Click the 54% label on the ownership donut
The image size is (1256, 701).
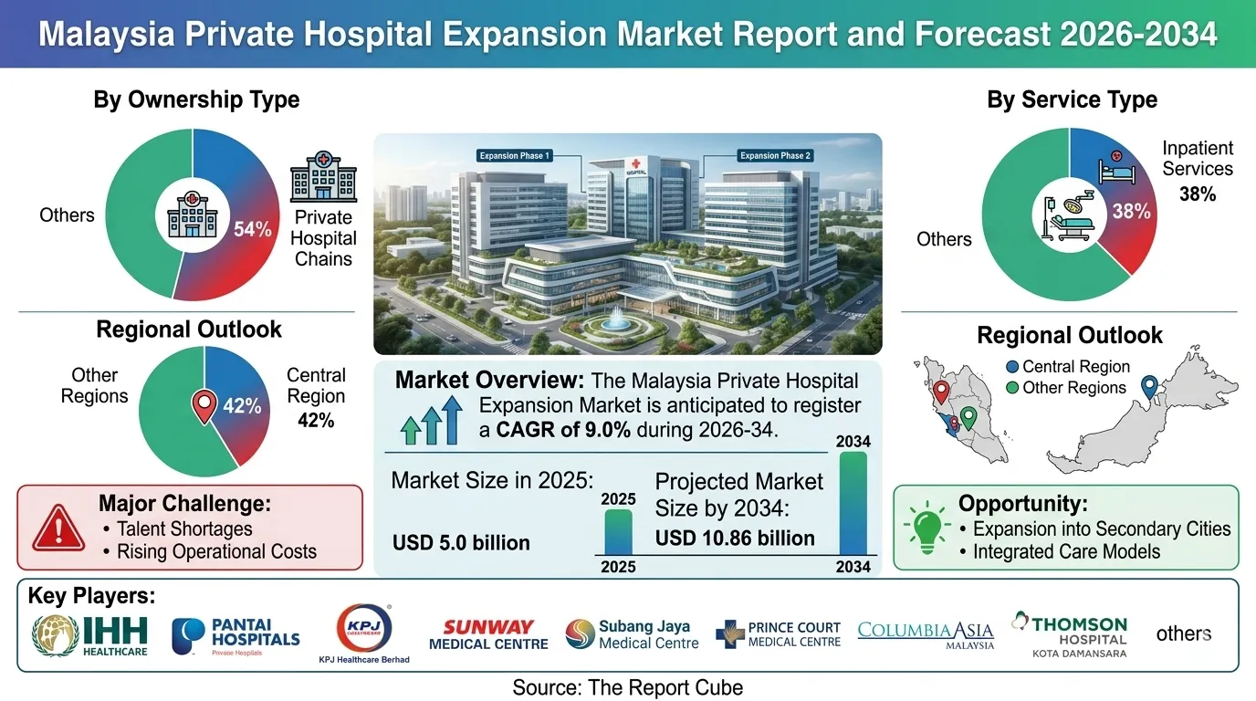tap(253, 229)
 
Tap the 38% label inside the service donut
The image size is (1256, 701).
tap(1131, 212)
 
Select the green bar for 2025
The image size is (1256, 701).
tap(618, 531)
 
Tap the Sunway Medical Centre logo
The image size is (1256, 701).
tap(488, 634)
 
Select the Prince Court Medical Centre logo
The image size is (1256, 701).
tap(779, 634)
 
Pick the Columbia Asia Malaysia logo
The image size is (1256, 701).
tap(926, 634)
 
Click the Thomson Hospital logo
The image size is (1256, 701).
tap(1069, 634)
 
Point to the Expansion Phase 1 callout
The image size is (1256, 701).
tap(515, 156)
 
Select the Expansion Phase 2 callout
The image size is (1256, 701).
tap(775, 156)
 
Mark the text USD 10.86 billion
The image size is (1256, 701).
tap(735, 539)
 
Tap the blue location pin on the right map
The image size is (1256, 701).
tap(1149, 387)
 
